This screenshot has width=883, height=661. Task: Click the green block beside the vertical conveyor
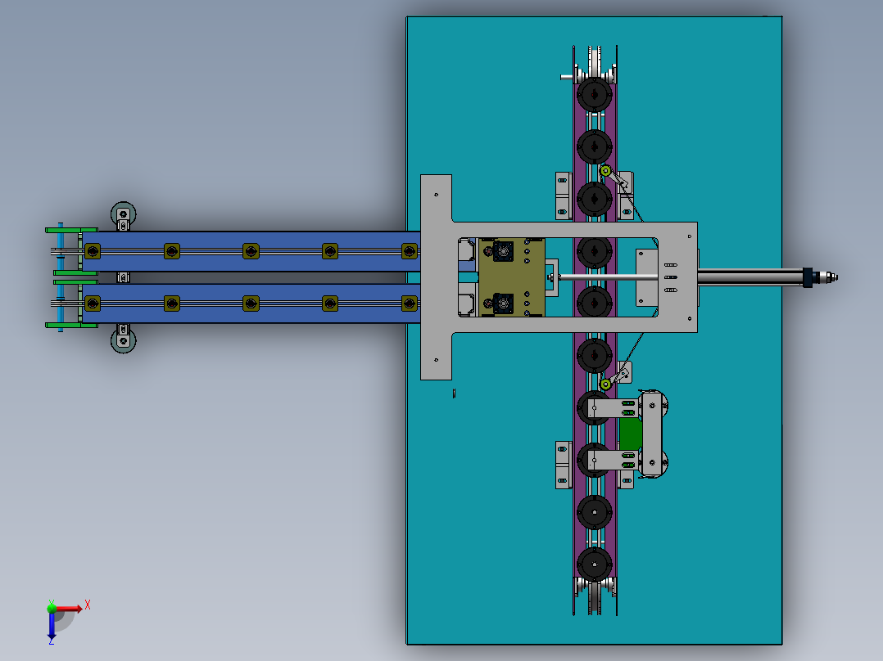(x=630, y=434)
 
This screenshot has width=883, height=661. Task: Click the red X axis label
(x=88, y=605)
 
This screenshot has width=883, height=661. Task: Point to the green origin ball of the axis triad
(x=52, y=608)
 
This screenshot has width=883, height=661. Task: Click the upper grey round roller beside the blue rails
(x=124, y=213)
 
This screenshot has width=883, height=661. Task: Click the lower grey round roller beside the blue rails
(x=124, y=339)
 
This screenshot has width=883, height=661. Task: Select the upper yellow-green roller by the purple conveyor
(x=605, y=171)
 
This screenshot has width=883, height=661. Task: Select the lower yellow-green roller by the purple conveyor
(x=605, y=384)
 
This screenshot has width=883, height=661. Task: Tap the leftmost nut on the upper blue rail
(x=93, y=250)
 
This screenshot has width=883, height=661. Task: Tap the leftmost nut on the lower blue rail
(x=93, y=304)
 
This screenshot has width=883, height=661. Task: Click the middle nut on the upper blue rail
(x=251, y=250)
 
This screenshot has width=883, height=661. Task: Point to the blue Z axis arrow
(x=52, y=628)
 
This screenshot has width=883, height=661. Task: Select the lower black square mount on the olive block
(x=502, y=304)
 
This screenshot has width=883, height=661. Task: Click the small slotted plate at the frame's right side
(x=670, y=277)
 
